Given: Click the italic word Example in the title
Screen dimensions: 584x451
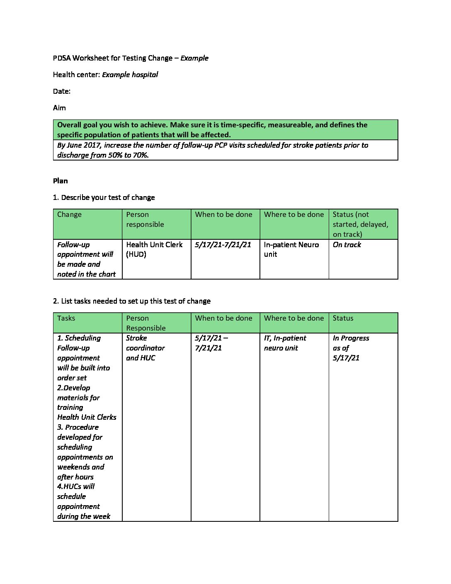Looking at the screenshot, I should coord(194,58).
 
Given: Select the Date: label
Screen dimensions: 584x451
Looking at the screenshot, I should coord(62,91).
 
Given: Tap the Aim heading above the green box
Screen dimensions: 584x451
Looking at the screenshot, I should coord(59,108).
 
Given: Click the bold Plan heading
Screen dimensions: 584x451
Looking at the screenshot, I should coord(61,181).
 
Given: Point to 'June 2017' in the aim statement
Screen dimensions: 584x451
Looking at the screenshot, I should coord(83,145).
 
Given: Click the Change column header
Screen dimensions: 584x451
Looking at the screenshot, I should coord(69,214).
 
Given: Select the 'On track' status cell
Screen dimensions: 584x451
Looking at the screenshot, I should coord(347,245).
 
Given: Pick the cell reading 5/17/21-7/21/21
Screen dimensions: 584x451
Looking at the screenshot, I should coord(223,245).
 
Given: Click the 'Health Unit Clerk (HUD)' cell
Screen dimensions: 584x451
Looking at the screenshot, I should coord(154,249).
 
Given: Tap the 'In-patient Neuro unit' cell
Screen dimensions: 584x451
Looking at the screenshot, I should coord(291,249).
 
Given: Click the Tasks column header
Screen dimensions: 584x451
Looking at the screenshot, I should coord(66,318).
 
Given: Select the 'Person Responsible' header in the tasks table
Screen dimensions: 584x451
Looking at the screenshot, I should coord(145,323).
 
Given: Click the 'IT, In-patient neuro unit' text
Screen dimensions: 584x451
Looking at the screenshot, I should coord(285,343).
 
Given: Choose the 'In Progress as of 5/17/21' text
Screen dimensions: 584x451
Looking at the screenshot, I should coord(350,348).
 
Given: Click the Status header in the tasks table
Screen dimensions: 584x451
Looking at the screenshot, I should coord(343,318).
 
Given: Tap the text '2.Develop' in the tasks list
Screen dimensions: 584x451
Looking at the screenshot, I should coord(74,388).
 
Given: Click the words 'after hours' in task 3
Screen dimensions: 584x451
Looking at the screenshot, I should coord(75,477).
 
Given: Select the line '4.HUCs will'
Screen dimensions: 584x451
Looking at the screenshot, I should coord(76,487).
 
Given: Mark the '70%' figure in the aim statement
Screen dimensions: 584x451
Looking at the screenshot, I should coord(141,155).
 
